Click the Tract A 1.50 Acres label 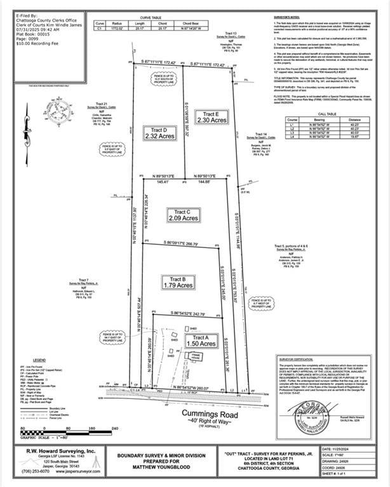click(x=201, y=341)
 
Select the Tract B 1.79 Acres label click(x=177, y=282)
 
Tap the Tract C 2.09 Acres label click(x=183, y=215)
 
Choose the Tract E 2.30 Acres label click(x=212, y=117)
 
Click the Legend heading click(x=39, y=360)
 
